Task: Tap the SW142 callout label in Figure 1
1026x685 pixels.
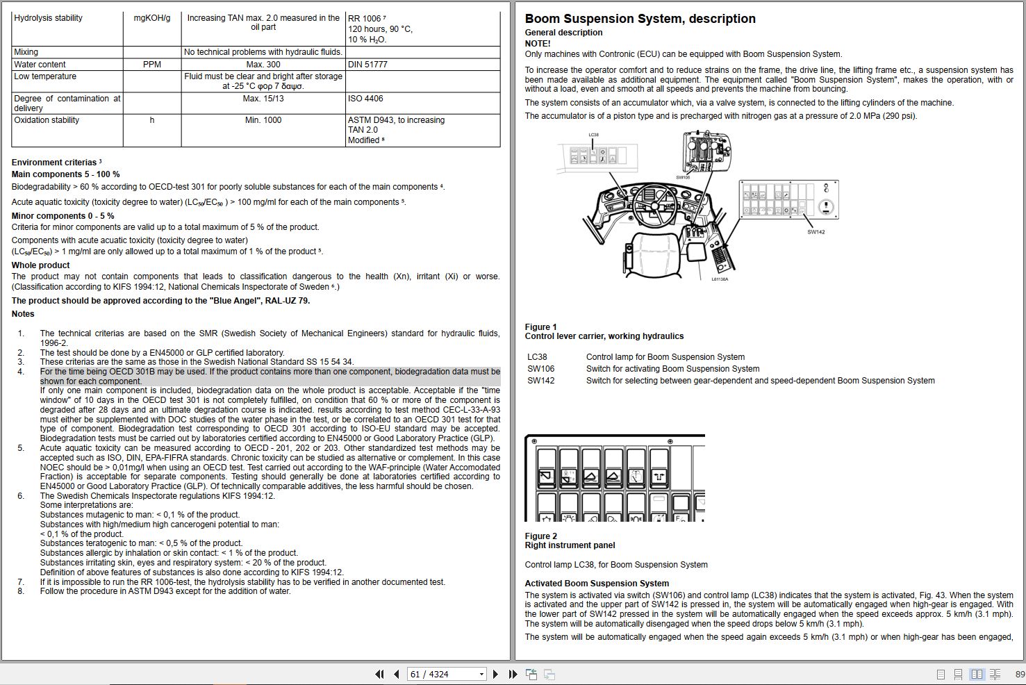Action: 816,232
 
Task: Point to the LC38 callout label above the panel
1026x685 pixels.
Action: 593,135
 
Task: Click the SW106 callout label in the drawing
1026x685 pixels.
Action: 683,178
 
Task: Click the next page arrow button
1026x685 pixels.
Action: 495,674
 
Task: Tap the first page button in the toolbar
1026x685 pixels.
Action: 379,674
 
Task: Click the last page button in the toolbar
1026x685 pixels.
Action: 513,674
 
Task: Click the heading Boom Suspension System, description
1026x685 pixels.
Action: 640,19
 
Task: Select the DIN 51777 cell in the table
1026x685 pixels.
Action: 367,65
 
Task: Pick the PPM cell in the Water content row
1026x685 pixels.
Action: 152,65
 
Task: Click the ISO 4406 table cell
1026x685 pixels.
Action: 365,99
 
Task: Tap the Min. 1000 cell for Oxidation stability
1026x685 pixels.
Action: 263,120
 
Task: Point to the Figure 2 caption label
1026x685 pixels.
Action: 541,536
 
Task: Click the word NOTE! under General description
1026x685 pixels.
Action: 538,44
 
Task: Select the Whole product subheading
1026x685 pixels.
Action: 41,265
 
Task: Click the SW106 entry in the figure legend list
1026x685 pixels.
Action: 541,369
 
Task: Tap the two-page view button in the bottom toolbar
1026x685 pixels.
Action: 977,674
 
